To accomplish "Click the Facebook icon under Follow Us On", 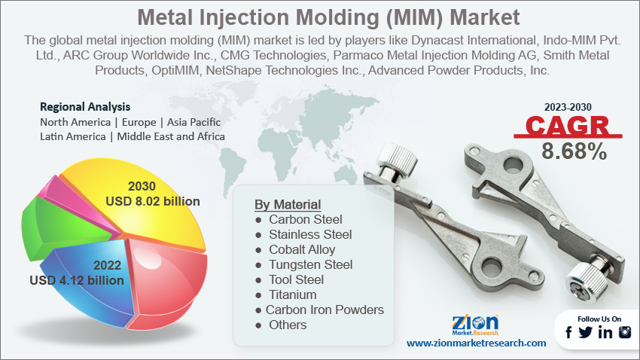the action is (568, 332).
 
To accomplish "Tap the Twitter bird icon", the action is (585, 332).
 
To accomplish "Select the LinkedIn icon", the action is (605, 332).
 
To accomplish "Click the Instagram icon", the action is (625, 332).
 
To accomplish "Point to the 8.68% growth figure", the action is (574, 151).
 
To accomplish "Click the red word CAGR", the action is (568, 126).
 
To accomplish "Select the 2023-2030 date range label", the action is (568, 107).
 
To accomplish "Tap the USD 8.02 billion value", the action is (153, 201).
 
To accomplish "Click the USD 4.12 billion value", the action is (77, 280).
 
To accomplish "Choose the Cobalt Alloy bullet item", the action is (302, 249).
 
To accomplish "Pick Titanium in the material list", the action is (292, 294).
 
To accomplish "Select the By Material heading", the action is (288, 204).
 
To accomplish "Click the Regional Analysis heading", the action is (85, 107).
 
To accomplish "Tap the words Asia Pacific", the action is (194, 122).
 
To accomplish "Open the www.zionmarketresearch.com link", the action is (477, 343).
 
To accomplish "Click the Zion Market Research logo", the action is (475, 325).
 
